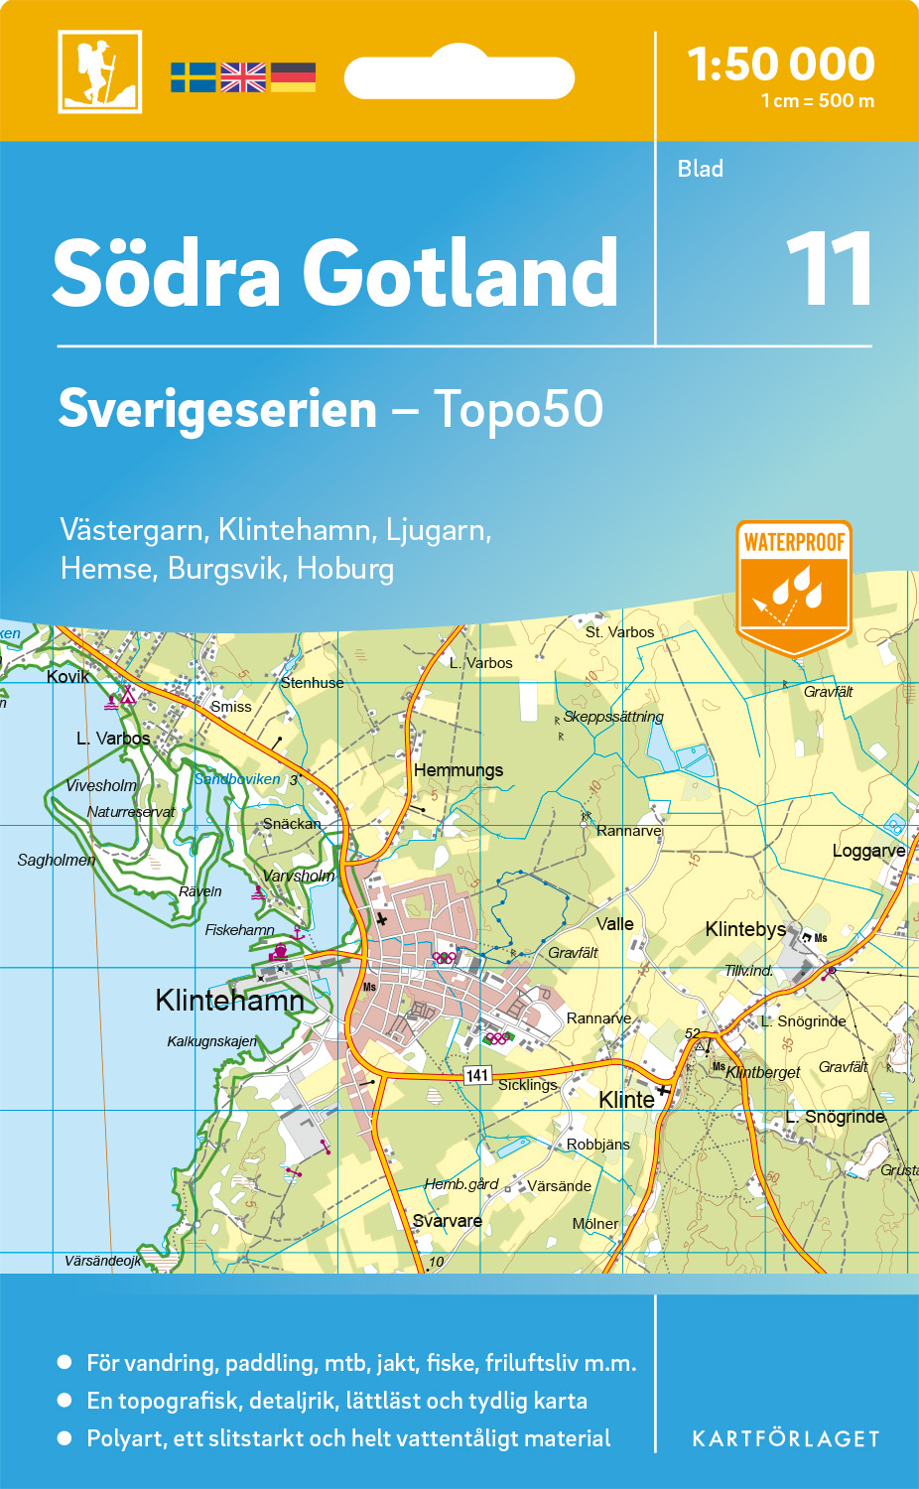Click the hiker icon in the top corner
100,71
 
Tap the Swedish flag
193,77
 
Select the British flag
243,77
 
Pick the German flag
293,77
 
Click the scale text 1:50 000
781,65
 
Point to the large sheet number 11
830,270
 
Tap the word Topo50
517,409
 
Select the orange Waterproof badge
794,586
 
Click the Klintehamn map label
229,1000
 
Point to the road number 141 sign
477,1075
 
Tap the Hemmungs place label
459,770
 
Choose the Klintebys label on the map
745,929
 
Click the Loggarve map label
868,851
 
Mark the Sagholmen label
57,860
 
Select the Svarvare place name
448,1221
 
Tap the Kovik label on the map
67,677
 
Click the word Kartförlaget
785,1439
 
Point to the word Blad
700,169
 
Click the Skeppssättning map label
613,717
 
